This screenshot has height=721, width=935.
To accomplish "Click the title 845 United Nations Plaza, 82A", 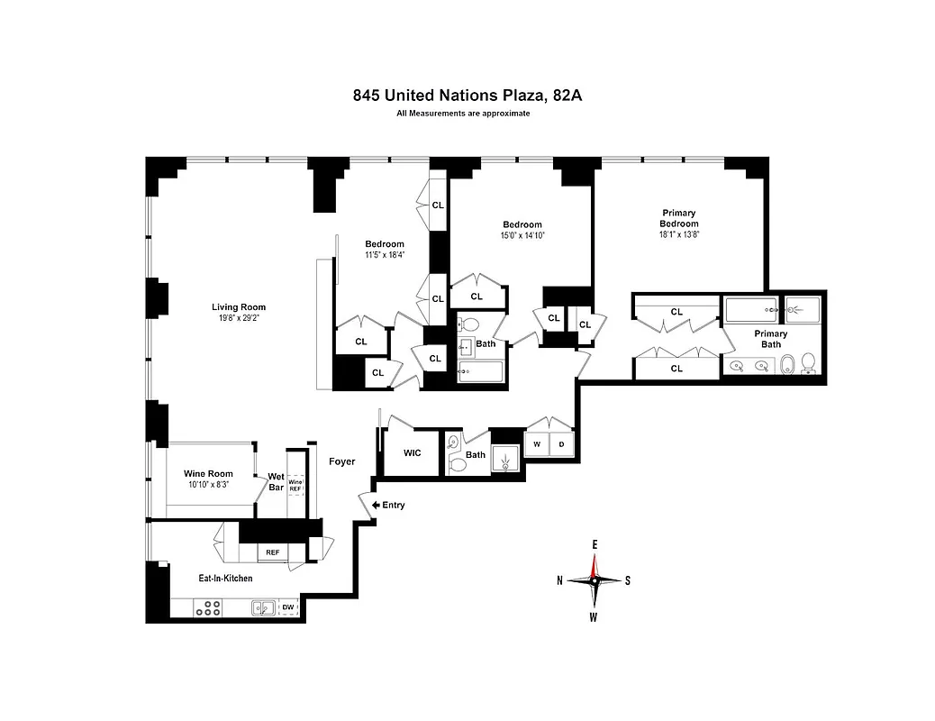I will tap(467, 95).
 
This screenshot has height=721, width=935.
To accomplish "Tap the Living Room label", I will tap(239, 306).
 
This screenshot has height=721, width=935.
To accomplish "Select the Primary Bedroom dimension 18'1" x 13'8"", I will tap(678, 234).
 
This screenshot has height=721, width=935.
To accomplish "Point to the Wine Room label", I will tap(208, 473).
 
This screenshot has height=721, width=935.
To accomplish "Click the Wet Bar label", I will tap(276, 481).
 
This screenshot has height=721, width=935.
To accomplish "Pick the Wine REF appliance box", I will tap(295, 484).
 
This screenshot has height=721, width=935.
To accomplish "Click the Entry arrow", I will tap(365, 505).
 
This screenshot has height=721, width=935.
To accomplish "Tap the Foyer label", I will tap(341, 461).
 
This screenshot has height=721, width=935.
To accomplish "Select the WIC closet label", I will tap(412, 453).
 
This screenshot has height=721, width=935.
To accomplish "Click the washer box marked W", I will tap(536, 444).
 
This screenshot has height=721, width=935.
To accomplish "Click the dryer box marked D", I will tap(560, 444).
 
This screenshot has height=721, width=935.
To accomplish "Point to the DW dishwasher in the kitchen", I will tap(287, 607).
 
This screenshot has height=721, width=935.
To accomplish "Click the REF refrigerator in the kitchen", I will tap(272, 552).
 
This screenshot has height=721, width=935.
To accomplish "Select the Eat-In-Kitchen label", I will tap(225, 578).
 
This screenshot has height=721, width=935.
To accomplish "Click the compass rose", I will tap(594, 580).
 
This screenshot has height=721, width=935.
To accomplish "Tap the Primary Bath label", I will tap(770, 339).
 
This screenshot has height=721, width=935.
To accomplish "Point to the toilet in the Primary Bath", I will tap(808, 362).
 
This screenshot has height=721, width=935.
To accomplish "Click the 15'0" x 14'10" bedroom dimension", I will tap(522, 235).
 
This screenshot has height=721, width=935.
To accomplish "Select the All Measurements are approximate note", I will tap(463, 114).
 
